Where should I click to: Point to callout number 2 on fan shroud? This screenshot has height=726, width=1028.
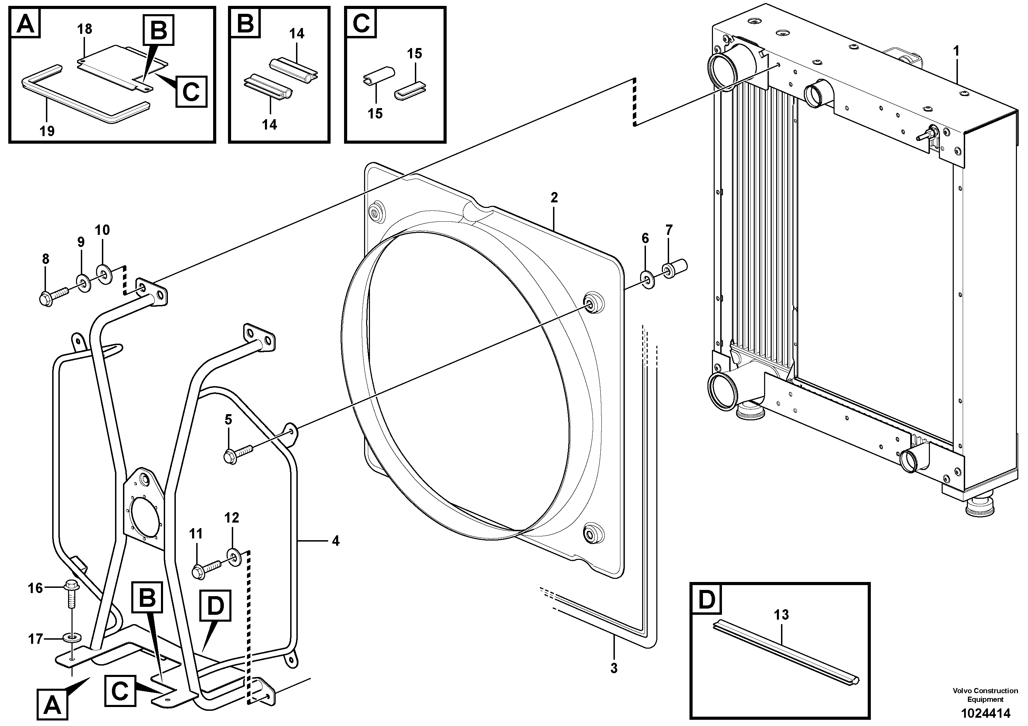point(554,198)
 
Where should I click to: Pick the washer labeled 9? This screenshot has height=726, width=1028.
point(83,283)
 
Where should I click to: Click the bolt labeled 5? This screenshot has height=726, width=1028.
point(239,452)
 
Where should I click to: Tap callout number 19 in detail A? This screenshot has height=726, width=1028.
point(47,131)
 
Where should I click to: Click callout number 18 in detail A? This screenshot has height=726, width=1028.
point(84,29)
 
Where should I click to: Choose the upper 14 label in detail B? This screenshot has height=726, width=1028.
point(296,34)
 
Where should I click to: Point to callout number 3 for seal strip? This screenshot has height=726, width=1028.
point(614,668)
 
